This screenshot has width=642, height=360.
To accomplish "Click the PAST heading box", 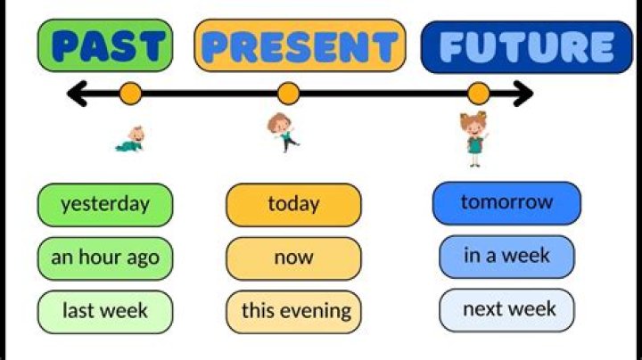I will (104, 45).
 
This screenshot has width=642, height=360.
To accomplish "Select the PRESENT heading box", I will (300, 45).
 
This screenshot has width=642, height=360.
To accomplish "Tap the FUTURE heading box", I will (526, 46).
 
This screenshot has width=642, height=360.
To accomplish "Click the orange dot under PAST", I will (131, 93).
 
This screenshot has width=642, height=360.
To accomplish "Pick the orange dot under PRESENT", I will (288, 93).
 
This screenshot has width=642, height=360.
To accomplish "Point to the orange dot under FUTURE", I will (479, 93).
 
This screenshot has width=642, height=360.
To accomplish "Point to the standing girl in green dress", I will (473, 139).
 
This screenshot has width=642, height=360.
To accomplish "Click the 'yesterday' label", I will (104, 204).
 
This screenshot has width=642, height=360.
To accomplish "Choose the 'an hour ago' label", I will (104, 258).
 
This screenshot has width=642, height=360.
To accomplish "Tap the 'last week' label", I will (104, 312).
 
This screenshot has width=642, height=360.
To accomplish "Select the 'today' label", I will (293, 205).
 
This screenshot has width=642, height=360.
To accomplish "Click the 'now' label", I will (293, 258).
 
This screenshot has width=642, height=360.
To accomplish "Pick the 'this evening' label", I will (293, 312).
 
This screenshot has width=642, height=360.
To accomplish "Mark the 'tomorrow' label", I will (506, 202).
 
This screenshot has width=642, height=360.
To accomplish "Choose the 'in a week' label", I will (506, 257).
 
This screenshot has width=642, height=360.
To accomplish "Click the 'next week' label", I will (506, 310).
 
